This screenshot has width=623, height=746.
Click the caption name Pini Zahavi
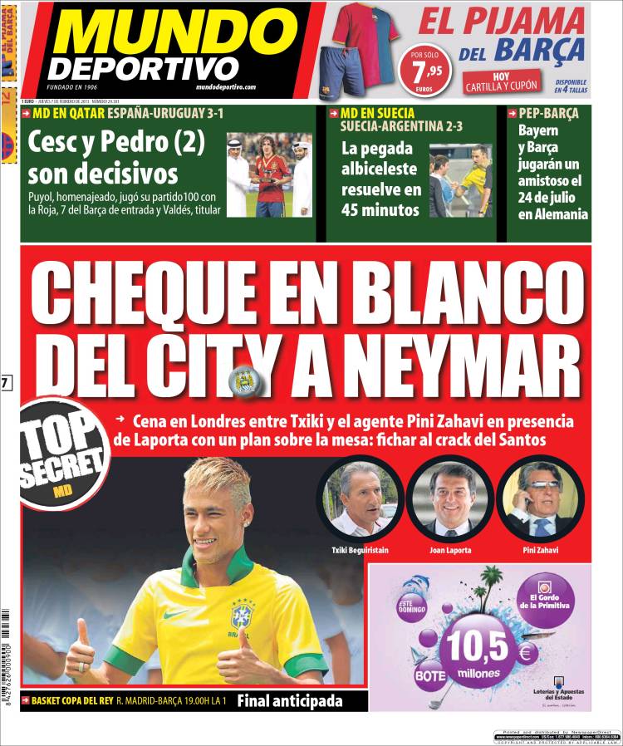click(x=541, y=551)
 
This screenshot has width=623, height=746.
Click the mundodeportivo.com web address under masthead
click(x=226, y=87)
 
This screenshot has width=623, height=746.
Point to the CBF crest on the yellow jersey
click(x=242, y=616)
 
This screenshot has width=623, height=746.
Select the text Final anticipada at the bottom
click(x=290, y=701)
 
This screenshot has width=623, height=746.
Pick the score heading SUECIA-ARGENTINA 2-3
click(x=397, y=127)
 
